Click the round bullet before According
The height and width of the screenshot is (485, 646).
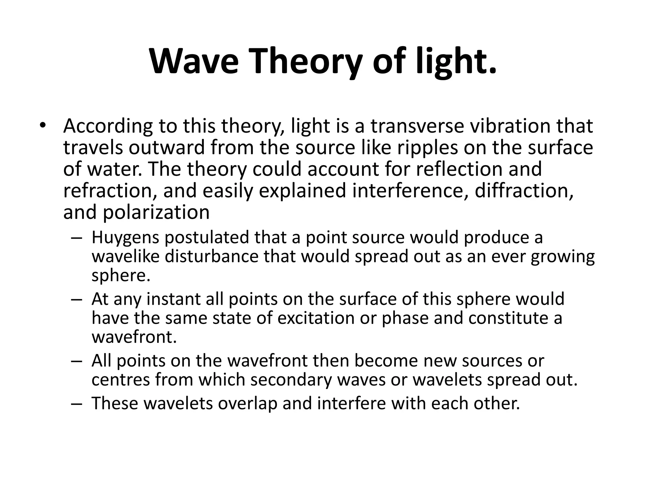click(43, 126)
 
